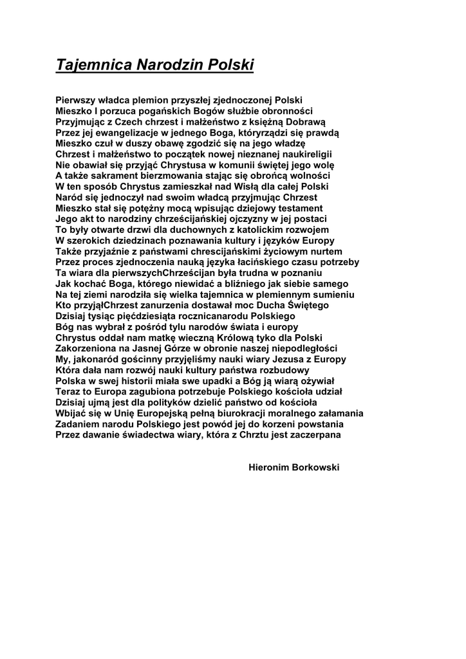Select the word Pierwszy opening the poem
(76, 100)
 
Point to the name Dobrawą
(306, 122)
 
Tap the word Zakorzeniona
(88, 349)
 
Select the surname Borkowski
(317, 468)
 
